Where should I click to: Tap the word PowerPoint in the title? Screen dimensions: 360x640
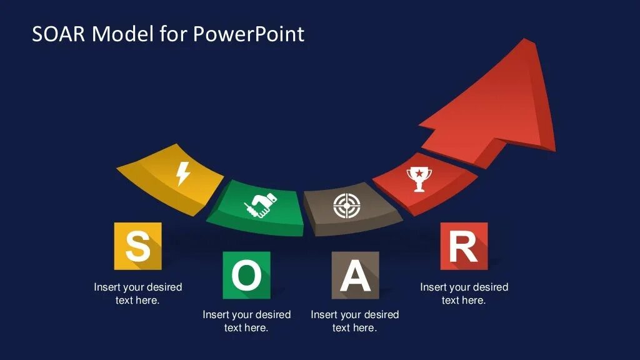coord(249,34)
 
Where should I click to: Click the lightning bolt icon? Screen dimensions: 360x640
coord(182,173)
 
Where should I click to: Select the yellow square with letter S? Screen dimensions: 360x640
coord(138,246)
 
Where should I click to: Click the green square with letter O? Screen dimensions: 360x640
coord(247,275)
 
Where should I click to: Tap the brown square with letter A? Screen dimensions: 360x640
coord(355,275)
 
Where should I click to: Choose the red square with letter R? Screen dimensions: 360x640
coord(464,246)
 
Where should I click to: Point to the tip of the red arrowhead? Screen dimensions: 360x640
coord(524,41)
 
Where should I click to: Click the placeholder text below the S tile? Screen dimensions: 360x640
coord(138,294)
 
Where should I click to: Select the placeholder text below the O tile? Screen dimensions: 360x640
coord(247,321)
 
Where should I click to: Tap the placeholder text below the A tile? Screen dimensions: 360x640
coord(355,321)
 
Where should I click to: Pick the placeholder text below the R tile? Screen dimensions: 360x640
coord(464,294)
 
